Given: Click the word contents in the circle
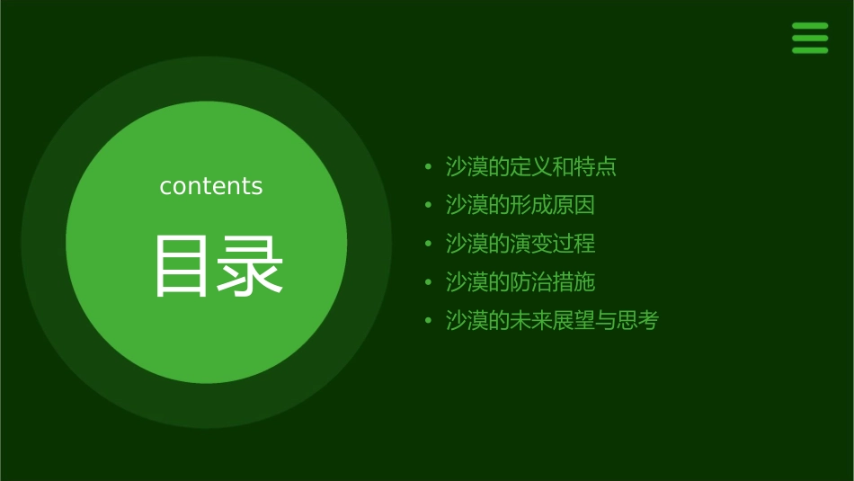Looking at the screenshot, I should (211, 186).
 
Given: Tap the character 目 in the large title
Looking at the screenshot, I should (182, 266).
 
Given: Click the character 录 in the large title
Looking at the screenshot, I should (251, 266).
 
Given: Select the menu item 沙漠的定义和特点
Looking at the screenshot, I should (531, 166).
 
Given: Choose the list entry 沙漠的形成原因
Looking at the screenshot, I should (520, 205).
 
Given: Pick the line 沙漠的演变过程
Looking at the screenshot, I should (520, 244).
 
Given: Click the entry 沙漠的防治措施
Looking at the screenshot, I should (520, 282).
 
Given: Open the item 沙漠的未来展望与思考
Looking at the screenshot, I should (552, 321).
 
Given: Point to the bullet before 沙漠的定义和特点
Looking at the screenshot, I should (428, 167).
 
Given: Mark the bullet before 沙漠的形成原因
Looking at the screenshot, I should (428, 206).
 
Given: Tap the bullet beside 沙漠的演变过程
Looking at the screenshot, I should (428, 245).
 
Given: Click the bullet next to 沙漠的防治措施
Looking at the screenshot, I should (428, 283).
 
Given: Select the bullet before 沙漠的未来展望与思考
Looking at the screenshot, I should (428, 322).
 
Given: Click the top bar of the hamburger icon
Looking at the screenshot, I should (810, 26).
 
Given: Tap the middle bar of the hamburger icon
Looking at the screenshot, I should (810, 38).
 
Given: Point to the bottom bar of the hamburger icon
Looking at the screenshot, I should (810, 50).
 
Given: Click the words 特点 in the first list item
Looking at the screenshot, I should (595, 166).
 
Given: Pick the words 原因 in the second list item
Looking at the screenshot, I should (574, 205).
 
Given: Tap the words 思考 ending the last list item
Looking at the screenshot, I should (637, 321).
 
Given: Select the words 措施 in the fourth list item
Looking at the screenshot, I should (574, 282).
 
